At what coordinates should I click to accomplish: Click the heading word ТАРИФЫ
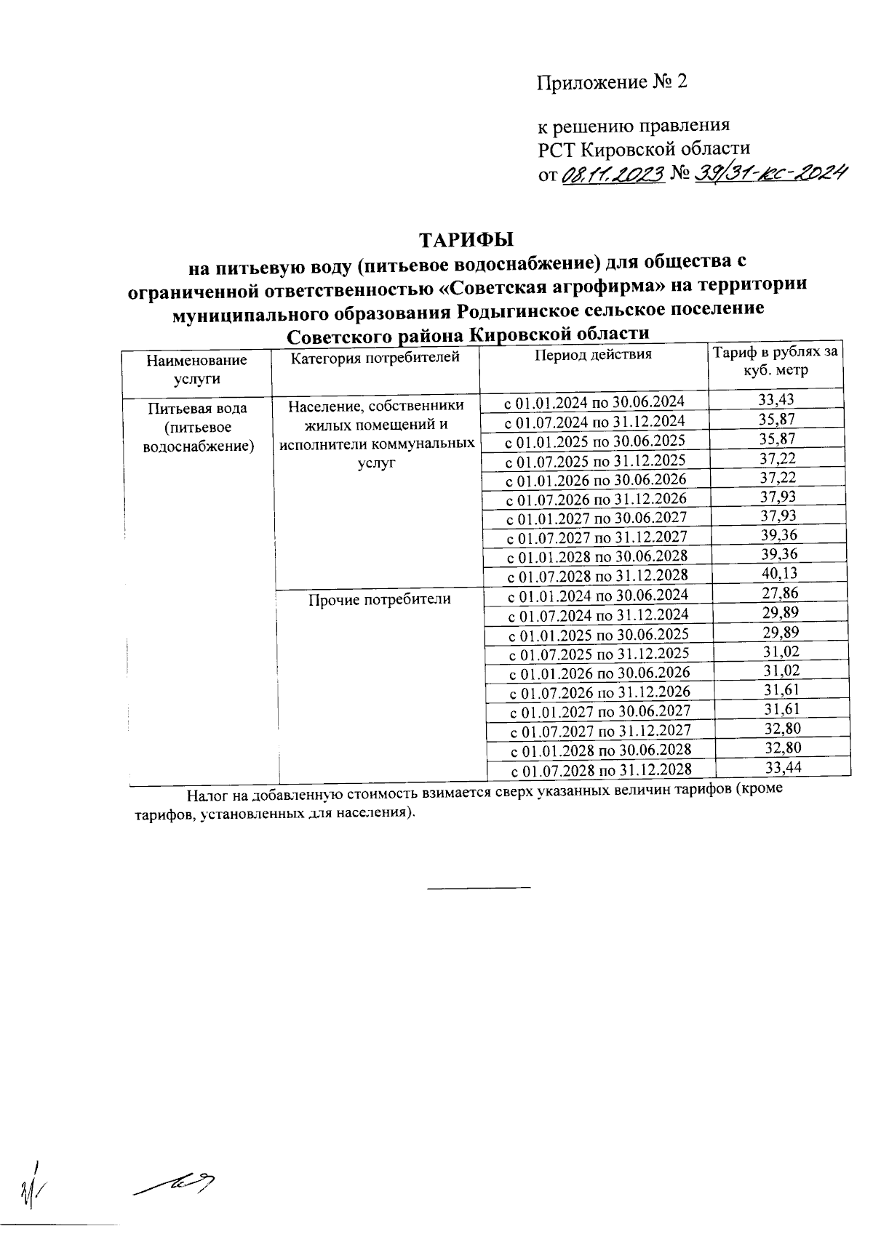[x=466, y=240]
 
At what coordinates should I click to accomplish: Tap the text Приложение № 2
[x=612, y=82]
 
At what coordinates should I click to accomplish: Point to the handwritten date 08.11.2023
[x=613, y=175]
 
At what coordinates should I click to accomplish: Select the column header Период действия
[x=594, y=355]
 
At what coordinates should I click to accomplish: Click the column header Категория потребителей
[x=375, y=357]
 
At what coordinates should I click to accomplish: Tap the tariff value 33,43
[x=776, y=399]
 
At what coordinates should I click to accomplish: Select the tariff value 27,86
[x=779, y=593]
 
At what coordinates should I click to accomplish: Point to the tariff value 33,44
[x=783, y=767]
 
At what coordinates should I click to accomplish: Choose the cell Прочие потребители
[x=380, y=599]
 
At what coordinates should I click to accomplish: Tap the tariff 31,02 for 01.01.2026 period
[x=781, y=670]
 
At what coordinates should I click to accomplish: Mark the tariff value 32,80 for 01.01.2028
[x=783, y=748]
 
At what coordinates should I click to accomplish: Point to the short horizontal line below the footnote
[x=479, y=887]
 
